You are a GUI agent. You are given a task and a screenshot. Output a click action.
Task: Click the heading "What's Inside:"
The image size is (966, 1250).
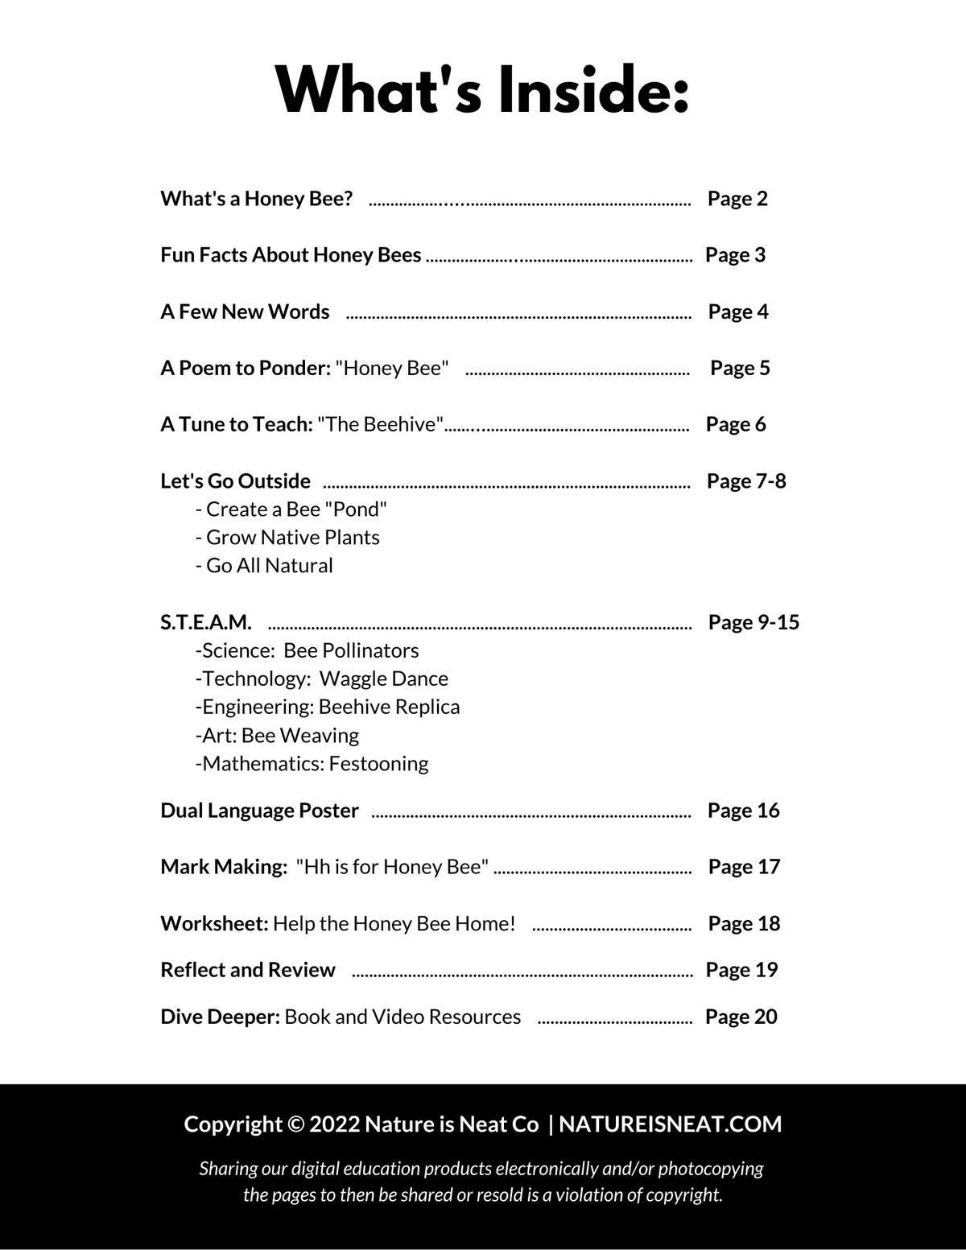coord(482,90)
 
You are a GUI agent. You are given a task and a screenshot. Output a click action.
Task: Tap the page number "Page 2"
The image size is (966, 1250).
coord(737,199)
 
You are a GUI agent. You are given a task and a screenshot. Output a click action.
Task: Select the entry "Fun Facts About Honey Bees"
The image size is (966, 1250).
coord(291,255)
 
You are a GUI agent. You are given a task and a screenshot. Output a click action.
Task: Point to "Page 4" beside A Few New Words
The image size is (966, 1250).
coord(738,311)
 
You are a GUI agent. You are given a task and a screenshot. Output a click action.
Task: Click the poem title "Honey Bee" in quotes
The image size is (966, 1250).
coord(392,368)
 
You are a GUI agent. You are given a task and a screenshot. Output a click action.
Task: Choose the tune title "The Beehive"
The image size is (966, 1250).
coord(381,424)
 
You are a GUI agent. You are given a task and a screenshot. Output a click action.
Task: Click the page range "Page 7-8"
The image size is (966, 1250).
coord(746,481)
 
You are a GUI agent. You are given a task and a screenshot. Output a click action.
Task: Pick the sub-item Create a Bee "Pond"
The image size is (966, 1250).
coord(291,509)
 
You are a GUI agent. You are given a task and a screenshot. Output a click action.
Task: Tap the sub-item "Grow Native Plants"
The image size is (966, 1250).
coord(287,538)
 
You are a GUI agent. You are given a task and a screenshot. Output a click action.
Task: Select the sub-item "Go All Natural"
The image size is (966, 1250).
coord(264,566)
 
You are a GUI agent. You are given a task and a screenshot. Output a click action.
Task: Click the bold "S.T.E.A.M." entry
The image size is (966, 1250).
coord(206,622)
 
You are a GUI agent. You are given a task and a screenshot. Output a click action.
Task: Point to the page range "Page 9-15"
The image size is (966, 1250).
coord(753,622)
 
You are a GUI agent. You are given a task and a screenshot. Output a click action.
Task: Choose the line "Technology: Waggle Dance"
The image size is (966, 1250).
coord(322,679)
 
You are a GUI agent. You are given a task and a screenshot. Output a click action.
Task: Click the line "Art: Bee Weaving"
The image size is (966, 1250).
coord(278,735)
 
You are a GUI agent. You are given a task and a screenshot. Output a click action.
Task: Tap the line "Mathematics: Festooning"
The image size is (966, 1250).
coord(312,763)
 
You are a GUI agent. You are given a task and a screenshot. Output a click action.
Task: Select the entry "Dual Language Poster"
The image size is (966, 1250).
coord(259,811)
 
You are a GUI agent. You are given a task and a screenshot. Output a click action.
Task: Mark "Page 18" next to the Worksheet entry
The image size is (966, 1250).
coord(744,923)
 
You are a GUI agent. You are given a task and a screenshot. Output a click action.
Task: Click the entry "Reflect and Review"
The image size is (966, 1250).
coord(248,970)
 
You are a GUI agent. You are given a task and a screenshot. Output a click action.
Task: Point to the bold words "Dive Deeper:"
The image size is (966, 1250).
coord(220,1017)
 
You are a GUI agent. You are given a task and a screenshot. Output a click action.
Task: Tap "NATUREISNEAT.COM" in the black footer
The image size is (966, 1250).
coord(670,1124)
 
